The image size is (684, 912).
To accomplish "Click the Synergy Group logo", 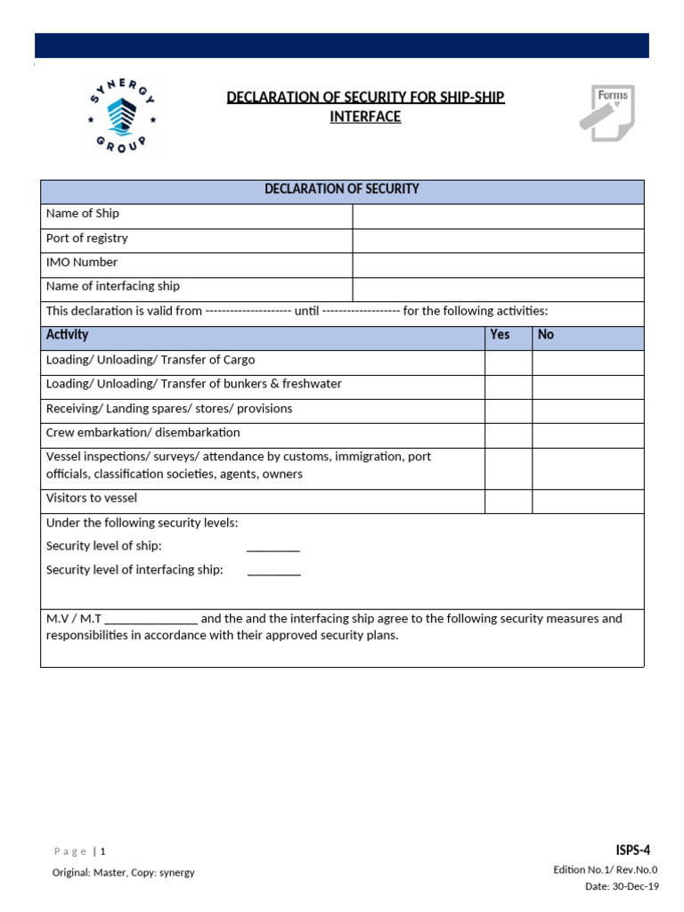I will click(x=123, y=113).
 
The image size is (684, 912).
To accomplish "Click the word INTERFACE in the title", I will click(x=365, y=117).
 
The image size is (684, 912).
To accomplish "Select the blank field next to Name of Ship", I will click(x=498, y=216).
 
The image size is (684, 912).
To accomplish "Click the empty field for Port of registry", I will click(x=498, y=240).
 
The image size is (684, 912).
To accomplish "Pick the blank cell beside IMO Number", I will click(x=498, y=265).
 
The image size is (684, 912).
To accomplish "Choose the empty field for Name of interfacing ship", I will click(x=498, y=289).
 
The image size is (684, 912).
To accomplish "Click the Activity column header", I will click(x=68, y=335).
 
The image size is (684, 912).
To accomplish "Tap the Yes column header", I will click(x=501, y=335).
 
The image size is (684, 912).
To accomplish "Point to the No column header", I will click(x=546, y=335).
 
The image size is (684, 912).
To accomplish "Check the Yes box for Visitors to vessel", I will click(x=509, y=501).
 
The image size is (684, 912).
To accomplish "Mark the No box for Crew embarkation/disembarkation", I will click(x=588, y=435).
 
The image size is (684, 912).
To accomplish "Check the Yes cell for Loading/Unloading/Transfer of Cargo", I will click(x=509, y=362).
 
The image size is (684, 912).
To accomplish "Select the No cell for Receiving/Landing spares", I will click(x=588, y=411).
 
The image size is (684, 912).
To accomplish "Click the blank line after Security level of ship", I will click(x=273, y=547).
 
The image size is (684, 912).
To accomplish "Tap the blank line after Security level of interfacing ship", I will click(x=274, y=571).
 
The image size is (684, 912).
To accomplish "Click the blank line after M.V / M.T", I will click(x=151, y=620).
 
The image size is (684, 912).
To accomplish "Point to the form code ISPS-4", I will click(x=632, y=850).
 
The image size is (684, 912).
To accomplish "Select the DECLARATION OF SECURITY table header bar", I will click(x=342, y=190).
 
